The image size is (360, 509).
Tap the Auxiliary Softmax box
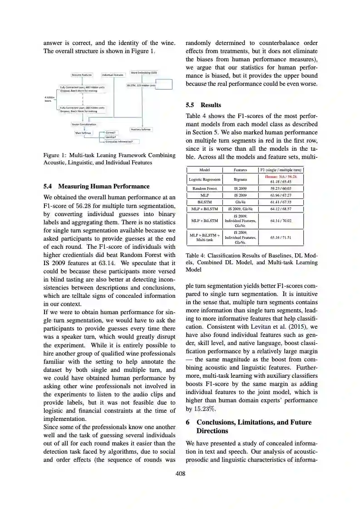[x=141, y=129]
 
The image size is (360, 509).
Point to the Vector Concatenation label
[x=84, y=124]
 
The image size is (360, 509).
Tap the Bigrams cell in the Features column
[x=240, y=179]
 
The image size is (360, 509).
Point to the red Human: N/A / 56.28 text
[x=280, y=176]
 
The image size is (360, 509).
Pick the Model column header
[x=204, y=170]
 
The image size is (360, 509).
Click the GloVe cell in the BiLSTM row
[x=240, y=202]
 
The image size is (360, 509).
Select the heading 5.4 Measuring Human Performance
[x=96, y=186]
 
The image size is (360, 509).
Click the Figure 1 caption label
[x=55, y=155]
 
